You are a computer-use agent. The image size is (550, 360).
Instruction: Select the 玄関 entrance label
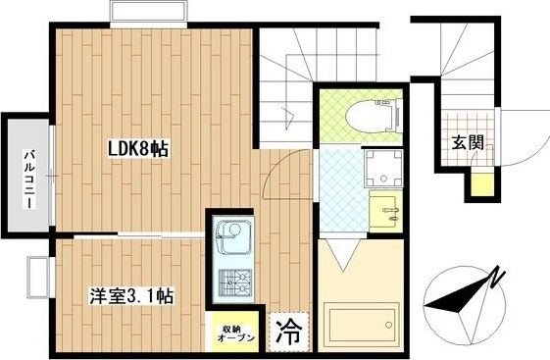click(x=468, y=143)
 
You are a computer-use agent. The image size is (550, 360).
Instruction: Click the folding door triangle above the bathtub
click(x=343, y=258)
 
